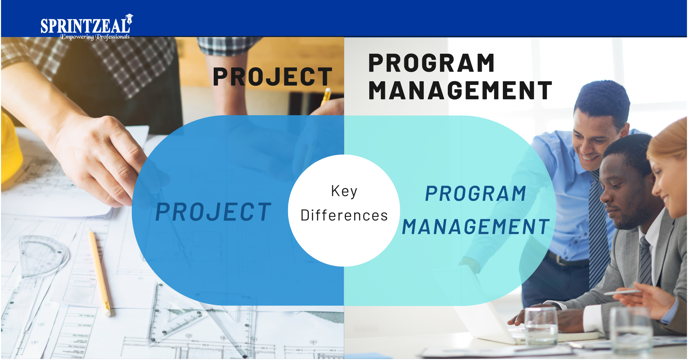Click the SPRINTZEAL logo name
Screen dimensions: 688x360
(85, 26)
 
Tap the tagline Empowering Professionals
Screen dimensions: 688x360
(95, 37)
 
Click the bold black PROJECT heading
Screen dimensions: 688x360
(272, 76)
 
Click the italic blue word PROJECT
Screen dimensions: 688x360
(213, 212)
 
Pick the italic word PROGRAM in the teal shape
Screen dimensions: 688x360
(476, 194)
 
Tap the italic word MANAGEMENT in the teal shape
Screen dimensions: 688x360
(476, 227)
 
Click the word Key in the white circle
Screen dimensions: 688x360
(344, 191)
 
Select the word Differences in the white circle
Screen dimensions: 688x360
(344, 216)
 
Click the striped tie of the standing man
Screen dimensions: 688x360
(600, 228)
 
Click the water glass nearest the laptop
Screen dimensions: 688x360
(541, 326)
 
